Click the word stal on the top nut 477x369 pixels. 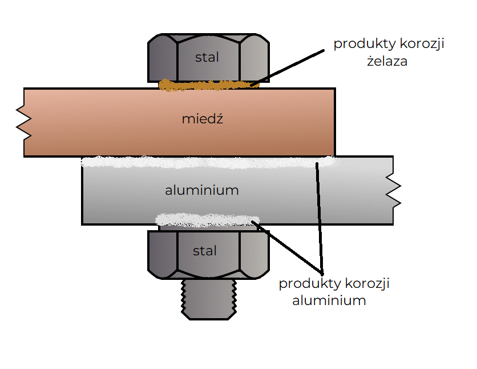tap(207, 57)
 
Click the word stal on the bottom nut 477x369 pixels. tap(205, 251)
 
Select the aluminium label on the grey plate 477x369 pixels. tap(201, 190)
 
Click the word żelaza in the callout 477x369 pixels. tap(387, 61)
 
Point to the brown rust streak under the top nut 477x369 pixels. tap(208, 86)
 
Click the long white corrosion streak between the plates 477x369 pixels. tap(208, 162)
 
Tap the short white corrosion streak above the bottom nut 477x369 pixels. tap(207, 219)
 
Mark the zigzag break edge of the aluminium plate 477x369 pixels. tap(393, 190)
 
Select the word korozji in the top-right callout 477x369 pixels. tap(422, 44)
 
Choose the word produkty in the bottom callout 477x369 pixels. tap(306, 283)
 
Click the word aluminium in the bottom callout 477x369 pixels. tap(329, 300)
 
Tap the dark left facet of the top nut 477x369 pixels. tap(162, 61)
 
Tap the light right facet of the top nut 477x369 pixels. tap(253, 61)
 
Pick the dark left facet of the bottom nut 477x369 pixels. tap(162, 254)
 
